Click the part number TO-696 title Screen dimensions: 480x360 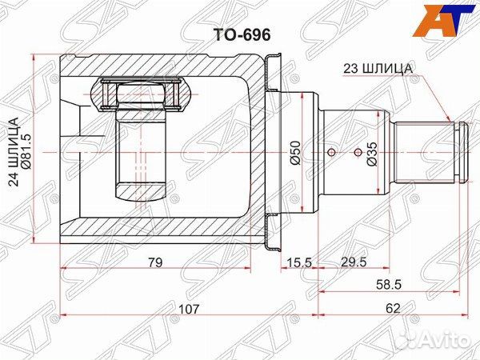click(242, 35)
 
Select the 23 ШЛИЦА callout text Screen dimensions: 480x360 click(378, 68)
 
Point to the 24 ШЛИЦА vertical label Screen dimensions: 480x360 click(14, 152)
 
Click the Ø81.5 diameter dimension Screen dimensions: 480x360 click(26, 152)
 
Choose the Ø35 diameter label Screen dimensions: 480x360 click(372, 154)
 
